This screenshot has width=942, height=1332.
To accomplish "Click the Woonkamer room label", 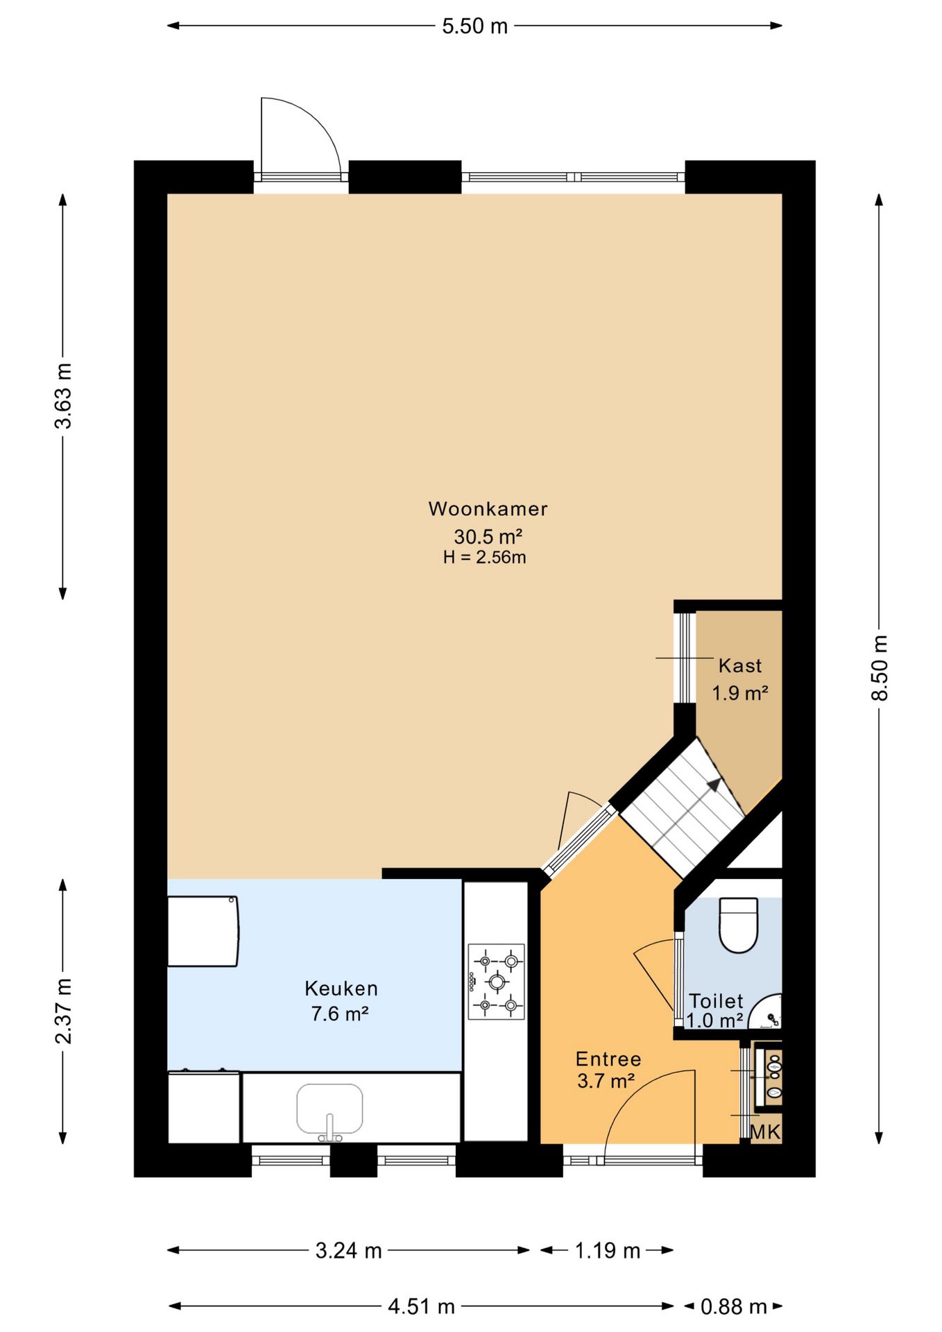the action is [488, 509].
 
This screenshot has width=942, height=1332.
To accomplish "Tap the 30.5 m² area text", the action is [488, 536].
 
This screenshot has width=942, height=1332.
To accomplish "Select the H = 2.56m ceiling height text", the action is [485, 557].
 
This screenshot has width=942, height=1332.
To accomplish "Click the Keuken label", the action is [341, 988].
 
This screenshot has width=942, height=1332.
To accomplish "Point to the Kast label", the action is [740, 666].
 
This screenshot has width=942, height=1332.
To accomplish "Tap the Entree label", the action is [608, 1059].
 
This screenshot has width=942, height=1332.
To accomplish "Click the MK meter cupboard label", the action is [766, 1132].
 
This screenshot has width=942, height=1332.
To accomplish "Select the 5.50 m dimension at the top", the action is [475, 26].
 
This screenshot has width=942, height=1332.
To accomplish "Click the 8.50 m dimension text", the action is [880, 667].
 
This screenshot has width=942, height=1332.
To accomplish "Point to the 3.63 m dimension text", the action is [63, 395].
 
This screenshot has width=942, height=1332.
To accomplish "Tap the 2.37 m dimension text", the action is [63, 1011].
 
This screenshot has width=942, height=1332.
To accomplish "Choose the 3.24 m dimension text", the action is [349, 1250].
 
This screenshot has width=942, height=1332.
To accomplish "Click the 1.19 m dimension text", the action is [608, 1250].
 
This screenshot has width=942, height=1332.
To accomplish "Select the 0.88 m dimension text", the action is [734, 1307].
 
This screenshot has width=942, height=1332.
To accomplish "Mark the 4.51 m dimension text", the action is [422, 1307].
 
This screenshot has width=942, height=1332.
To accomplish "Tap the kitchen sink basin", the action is [329, 1109].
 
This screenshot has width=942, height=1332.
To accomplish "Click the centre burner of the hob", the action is [497, 982].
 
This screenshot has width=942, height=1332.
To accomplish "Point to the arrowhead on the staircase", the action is [714, 785].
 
